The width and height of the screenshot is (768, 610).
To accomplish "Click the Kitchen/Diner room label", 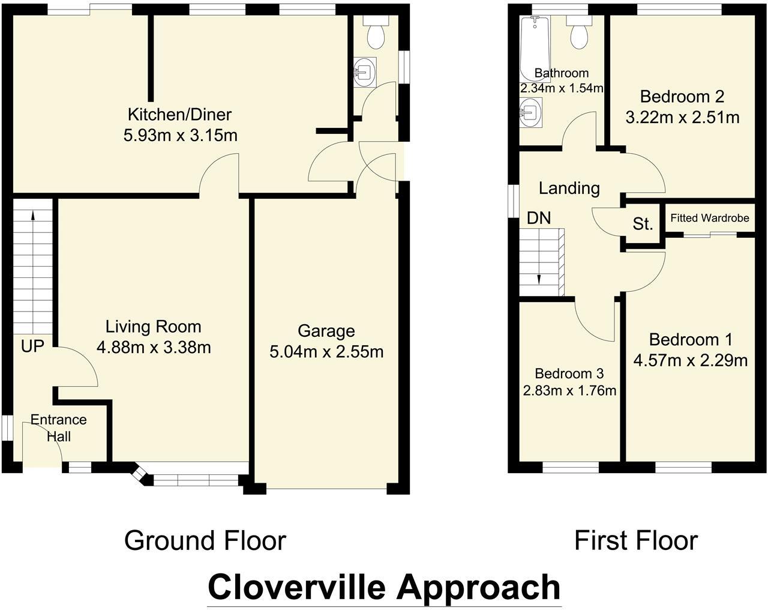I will click(179, 114).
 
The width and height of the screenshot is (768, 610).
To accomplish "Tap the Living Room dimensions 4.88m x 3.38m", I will click(154, 347).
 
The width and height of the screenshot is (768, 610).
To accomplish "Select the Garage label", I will click(326, 331).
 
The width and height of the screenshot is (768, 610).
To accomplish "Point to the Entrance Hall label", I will click(59, 427).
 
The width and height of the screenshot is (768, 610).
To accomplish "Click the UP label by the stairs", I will click(32, 346).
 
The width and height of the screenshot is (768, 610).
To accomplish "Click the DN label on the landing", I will click(538, 218).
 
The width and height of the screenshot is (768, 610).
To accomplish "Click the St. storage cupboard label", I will click(643, 225).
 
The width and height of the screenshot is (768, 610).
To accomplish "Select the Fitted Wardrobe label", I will click(710, 218).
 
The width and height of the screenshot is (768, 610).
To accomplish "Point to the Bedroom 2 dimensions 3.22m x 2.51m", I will click(682, 118).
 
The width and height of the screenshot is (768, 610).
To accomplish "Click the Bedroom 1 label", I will click(691, 340).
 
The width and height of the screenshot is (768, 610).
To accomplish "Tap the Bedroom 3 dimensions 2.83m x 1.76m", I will click(569, 391).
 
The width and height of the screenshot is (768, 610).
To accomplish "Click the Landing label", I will click(569, 189).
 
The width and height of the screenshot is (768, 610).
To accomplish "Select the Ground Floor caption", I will click(205, 540).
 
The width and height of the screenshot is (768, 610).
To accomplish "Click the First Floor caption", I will click(636, 540).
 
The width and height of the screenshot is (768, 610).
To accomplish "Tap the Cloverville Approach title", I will click(384, 587).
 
